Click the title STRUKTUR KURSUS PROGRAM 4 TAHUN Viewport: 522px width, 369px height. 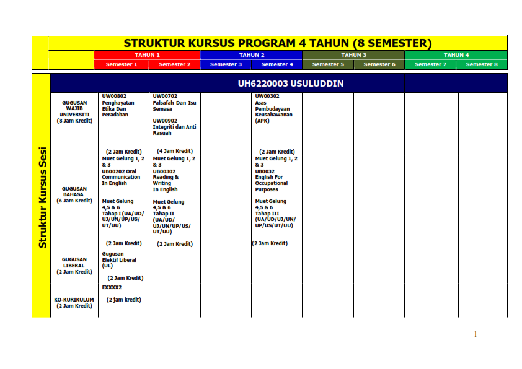tap(277, 43)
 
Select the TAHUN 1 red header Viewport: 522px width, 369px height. tap(147, 55)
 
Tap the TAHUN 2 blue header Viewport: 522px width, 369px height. tap(252, 55)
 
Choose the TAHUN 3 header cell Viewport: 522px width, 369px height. tap(354, 55)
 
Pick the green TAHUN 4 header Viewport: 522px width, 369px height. tap(456, 55)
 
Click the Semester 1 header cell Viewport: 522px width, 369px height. tap(122, 64)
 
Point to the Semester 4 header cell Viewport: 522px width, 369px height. tap(277, 64)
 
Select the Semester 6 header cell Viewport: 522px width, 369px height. tap(379, 64)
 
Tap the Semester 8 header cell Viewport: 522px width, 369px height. tap(482, 64)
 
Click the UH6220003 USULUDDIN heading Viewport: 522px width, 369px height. tap(290, 84)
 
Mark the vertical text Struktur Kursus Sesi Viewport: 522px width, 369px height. tap(42, 197)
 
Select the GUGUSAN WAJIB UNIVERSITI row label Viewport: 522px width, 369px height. tap(74, 111)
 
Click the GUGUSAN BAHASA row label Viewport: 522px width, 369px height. tap(74, 194)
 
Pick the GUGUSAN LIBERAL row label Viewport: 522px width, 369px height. tap(74, 266)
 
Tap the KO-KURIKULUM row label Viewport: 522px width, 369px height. tap(74, 302)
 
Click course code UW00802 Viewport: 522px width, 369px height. tap(114, 97)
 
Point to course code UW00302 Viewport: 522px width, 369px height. tap(267, 97)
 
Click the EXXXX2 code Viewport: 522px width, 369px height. tap(112, 288)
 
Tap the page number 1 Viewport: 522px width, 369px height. tap(476, 334)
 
